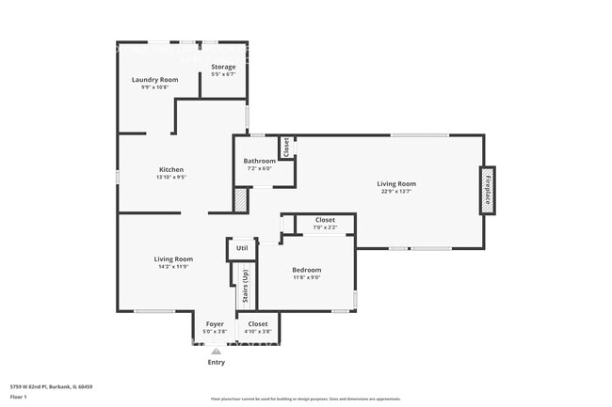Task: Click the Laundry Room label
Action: [154, 80]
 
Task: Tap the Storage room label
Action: [223, 67]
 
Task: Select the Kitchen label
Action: [170, 169]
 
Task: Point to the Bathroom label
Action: [259, 161]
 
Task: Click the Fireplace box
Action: [488, 191]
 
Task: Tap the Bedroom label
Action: [306, 270]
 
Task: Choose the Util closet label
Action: [242, 248]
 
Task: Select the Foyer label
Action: [215, 323]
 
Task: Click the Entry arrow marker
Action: [216, 351]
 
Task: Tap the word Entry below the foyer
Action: [216, 362]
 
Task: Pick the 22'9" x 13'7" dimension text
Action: [396, 191]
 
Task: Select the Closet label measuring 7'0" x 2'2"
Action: [325, 220]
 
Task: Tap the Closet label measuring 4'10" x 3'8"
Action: [257, 323]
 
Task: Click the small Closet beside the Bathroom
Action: [284, 148]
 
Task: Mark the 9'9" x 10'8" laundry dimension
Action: [154, 87]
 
